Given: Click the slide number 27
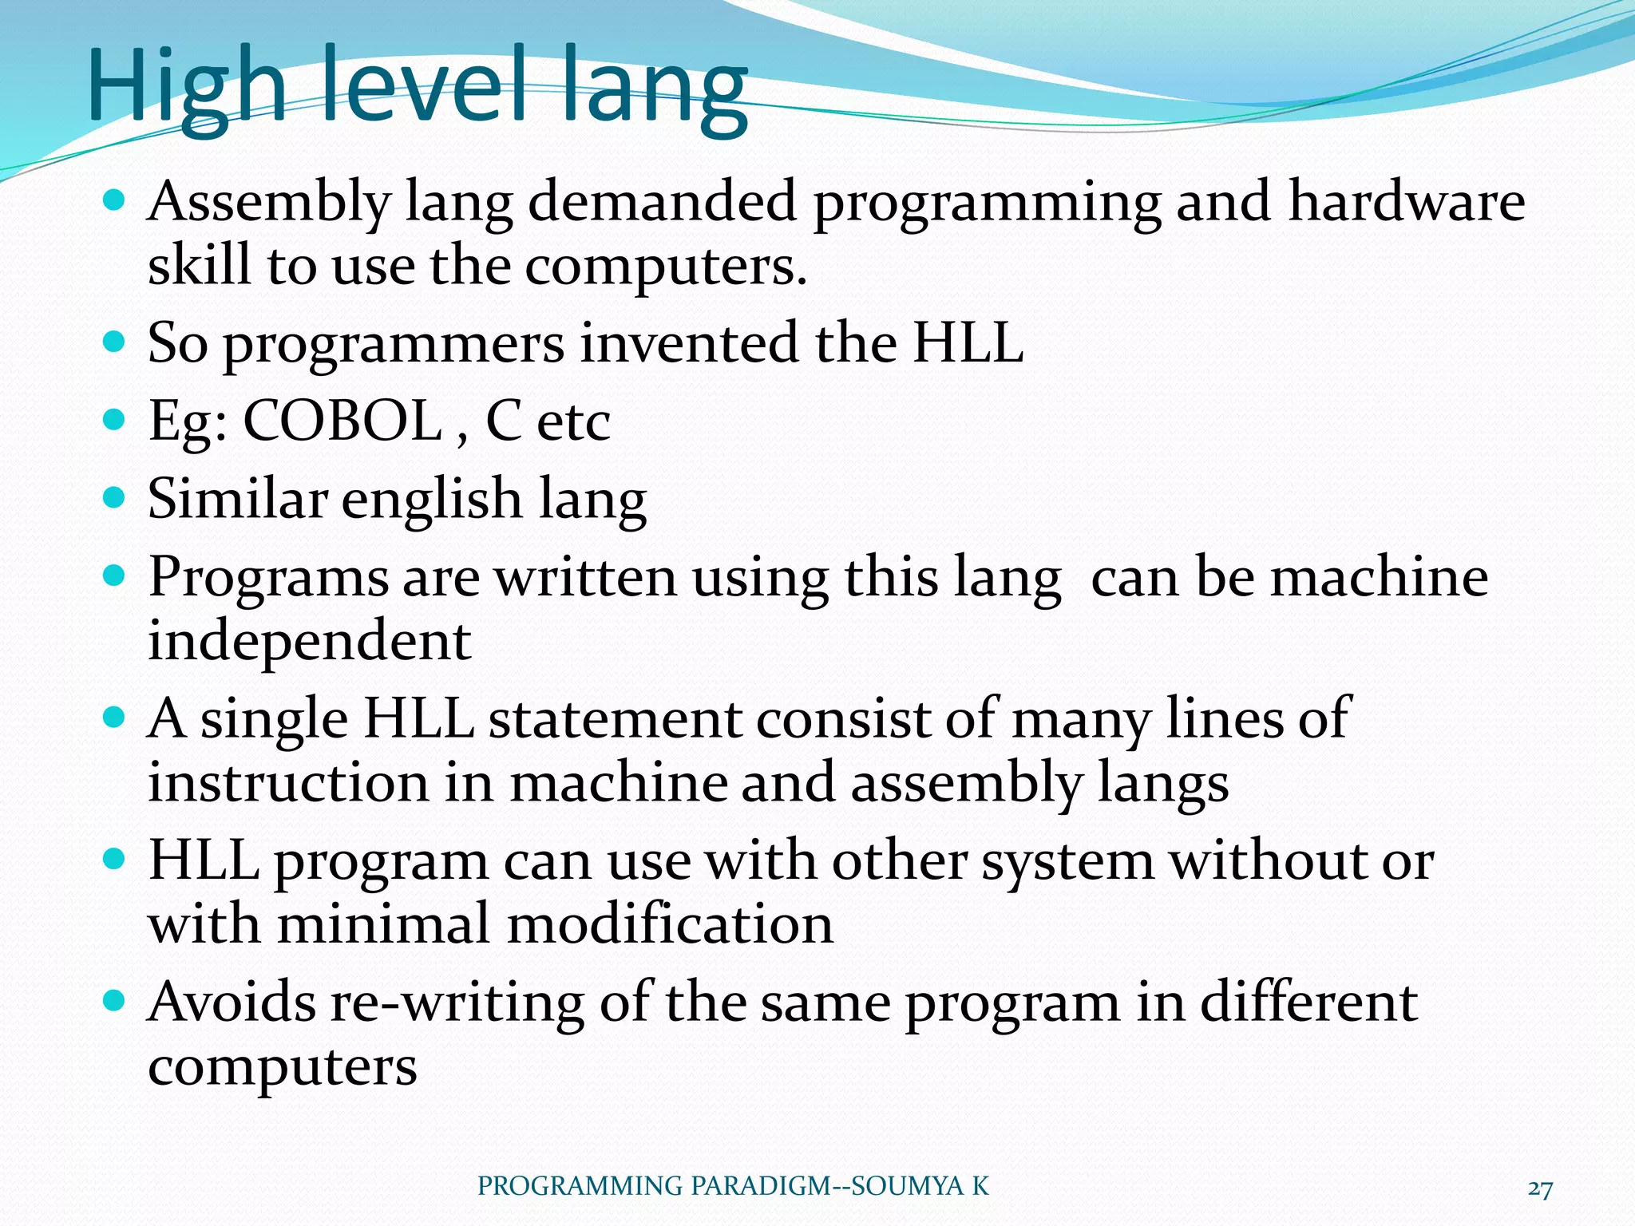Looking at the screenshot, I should point(1540,1188).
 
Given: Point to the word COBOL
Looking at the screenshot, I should point(342,421).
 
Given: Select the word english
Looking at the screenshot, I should point(432,499).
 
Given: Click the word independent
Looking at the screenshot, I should point(310,640).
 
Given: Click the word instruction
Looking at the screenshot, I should point(288,782).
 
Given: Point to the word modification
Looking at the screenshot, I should point(670,924).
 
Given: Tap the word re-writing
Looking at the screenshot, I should point(457,1003).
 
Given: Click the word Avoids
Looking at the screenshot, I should point(232,1003).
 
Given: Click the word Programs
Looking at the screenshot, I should point(268,576).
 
